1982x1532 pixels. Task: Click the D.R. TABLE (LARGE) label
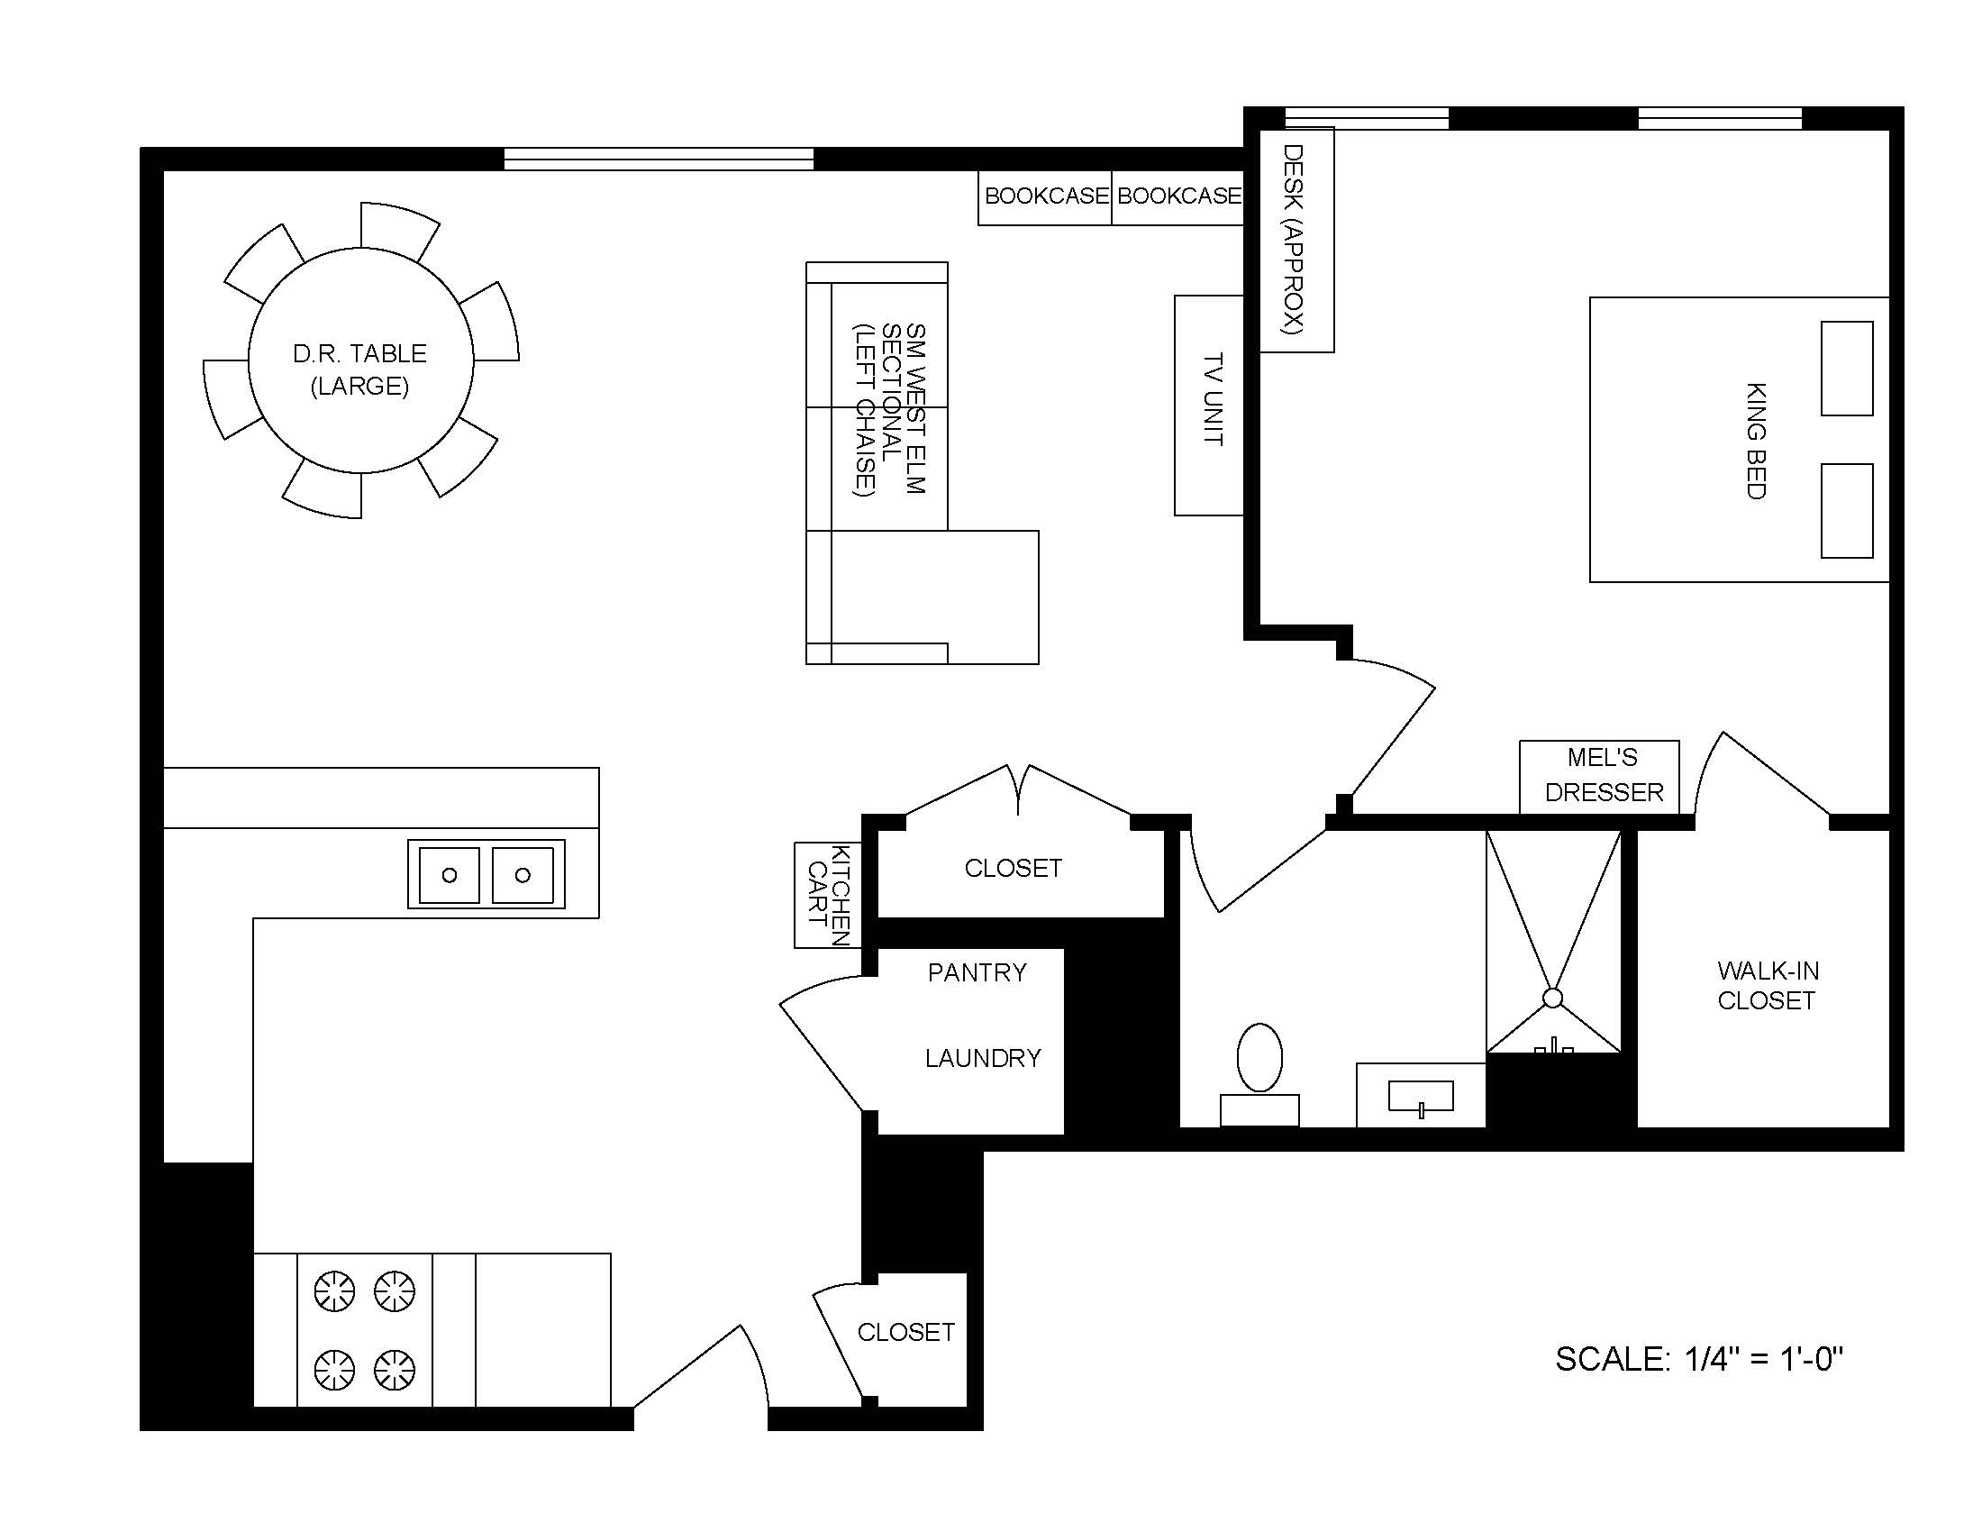(x=359, y=369)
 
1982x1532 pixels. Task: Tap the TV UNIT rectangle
(x=1209, y=405)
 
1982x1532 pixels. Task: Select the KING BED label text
(x=1755, y=440)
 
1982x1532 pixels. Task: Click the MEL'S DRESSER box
(x=1600, y=776)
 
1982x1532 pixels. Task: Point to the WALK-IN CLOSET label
(x=1767, y=986)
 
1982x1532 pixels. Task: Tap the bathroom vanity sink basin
(x=1420, y=1096)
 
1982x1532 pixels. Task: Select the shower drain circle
(x=1552, y=999)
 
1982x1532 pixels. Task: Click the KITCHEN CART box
(x=827, y=895)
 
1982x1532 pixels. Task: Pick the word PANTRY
(x=977, y=973)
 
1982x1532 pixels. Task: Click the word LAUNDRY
(x=983, y=1058)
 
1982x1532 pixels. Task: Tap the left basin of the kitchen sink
(x=449, y=875)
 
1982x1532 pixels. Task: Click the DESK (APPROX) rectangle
(x=1296, y=240)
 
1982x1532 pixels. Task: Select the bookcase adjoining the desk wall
(x=1177, y=197)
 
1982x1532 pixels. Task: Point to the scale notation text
(x=1699, y=1359)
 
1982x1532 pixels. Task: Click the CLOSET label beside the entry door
(x=905, y=1332)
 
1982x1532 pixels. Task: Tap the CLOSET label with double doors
(x=1013, y=869)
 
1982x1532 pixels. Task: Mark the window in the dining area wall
(x=659, y=160)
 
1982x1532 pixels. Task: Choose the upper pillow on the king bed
(x=1846, y=369)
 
